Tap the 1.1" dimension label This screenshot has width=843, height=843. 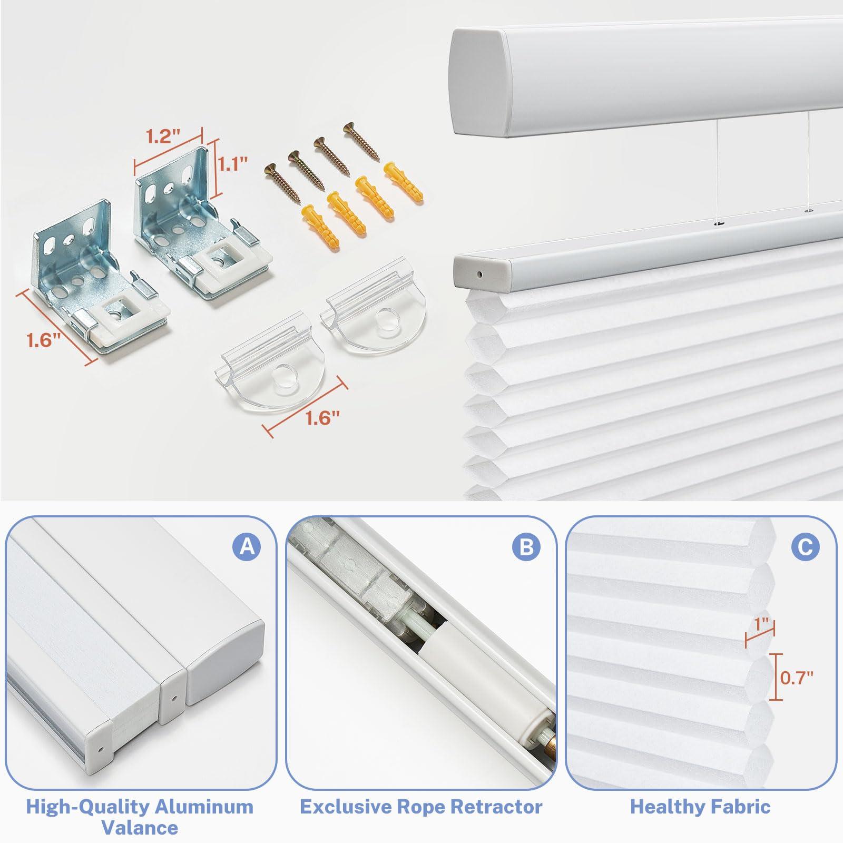click(x=232, y=165)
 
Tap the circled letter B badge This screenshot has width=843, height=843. click(x=526, y=547)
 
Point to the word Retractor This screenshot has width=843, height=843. click(x=489, y=807)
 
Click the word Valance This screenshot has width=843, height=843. click(x=140, y=828)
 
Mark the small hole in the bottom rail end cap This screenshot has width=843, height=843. click(x=479, y=275)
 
